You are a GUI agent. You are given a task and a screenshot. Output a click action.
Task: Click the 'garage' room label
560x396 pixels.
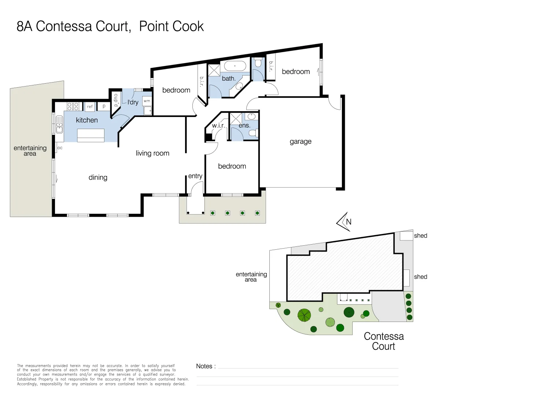pyautogui.click(x=301, y=142)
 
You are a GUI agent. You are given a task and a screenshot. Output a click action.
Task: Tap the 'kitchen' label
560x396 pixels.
pyautogui.click(x=87, y=120)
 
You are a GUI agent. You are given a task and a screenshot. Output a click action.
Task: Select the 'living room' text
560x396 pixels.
pyautogui.click(x=152, y=153)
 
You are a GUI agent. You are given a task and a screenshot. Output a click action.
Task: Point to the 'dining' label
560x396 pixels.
pyautogui.click(x=98, y=177)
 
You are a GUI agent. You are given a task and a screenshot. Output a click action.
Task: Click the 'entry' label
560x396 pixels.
pyautogui.click(x=195, y=176)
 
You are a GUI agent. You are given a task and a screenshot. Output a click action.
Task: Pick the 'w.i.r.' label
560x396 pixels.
pyautogui.click(x=218, y=126)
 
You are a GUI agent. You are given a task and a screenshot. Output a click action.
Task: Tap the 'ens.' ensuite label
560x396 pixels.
pyautogui.click(x=244, y=126)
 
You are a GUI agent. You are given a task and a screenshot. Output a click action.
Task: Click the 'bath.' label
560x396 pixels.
pyautogui.click(x=229, y=78)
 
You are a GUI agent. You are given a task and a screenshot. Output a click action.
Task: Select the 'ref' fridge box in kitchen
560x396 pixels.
pyautogui.click(x=90, y=107)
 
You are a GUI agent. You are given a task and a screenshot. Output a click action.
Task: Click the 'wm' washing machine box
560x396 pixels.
pyautogui.click(x=147, y=101)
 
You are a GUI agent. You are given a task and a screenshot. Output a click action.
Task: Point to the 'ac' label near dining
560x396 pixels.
pyautogui.click(x=60, y=148)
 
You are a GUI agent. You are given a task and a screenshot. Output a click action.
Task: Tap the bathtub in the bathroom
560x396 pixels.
pyautogui.click(x=235, y=66)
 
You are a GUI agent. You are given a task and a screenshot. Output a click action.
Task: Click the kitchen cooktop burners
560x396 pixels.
pyautogui.click(x=73, y=106)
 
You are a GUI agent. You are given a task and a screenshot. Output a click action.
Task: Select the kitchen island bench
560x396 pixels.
pyautogui.click(x=91, y=135)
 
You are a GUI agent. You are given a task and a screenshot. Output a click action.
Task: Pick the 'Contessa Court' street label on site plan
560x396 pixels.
pyautogui.click(x=384, y=341)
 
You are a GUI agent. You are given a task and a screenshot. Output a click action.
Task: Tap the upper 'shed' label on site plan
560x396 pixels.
pyautogui.click(x=420, y=236)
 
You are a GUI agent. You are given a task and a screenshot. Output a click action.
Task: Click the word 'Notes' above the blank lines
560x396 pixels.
pyautogui.click(x=204, y=366)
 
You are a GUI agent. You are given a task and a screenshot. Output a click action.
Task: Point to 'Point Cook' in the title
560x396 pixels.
pyautogui.click(x=171, y=26)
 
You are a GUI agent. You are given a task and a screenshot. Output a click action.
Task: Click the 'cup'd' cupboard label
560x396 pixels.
pyautogui.click(x=116, y=100)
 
